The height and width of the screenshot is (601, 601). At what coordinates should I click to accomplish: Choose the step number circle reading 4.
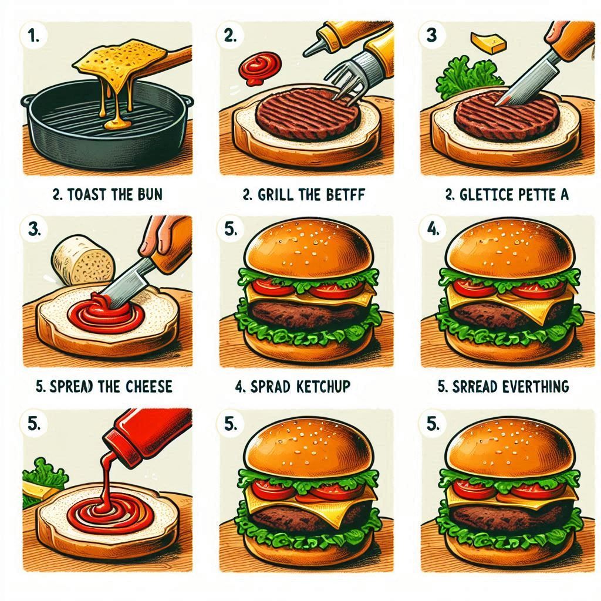[x=433, y=229]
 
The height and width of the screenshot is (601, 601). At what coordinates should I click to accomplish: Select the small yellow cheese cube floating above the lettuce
[x=489, y=43]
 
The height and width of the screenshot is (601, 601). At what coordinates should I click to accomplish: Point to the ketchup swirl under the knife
[x=108, y=317]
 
